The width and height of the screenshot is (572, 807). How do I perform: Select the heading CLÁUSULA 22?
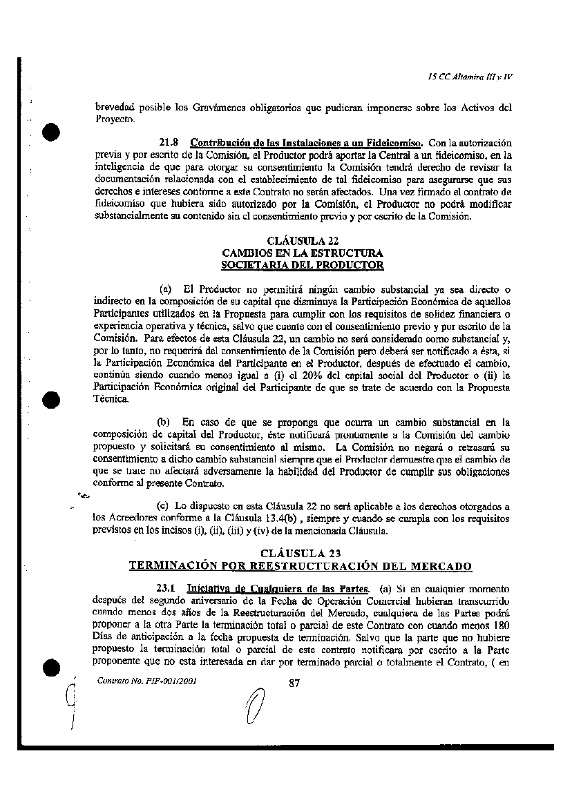click(x=302, y=241)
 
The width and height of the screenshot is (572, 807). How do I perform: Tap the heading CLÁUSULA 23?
click(x=301, y=553)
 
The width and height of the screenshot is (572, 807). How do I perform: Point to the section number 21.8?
click(x=170, y=143)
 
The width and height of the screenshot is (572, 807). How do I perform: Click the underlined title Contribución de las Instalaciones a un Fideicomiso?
click(x=307, y=143)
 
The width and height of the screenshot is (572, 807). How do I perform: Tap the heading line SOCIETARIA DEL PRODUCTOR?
click(x=302, y=264)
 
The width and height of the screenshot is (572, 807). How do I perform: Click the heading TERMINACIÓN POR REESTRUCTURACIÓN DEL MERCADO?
click(x=301, y=566)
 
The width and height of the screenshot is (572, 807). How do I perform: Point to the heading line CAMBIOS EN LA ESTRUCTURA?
click(x=302, y=253)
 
